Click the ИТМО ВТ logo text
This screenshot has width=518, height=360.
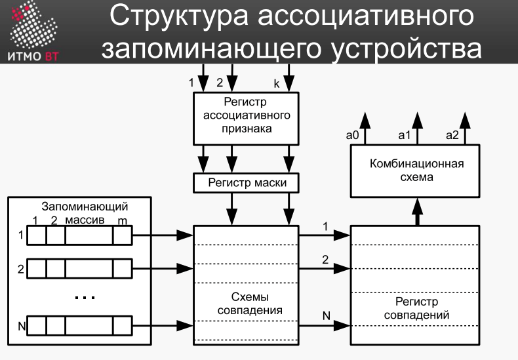coord(33,56)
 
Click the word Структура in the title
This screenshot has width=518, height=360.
coord(179,16)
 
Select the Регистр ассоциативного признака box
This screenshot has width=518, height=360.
coord(246,119)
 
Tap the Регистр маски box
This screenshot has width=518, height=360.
coord(246,183)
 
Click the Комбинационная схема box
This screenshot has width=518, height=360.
coord(415,170)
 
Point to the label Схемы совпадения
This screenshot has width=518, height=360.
coord(250,304)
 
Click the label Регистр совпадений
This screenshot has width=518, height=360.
coord(416,308)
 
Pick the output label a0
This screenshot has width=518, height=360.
coord(352,135)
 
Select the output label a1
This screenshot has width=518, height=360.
coord(405,135)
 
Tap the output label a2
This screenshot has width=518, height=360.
coord(452,135)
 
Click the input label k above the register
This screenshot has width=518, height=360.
coord(277,84)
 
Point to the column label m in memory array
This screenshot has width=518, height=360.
coord(122,220)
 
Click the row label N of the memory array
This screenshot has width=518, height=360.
coord(22,327)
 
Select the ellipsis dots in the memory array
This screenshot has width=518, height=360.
coord(85,298)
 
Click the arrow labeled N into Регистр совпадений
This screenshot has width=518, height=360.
coord(325,326)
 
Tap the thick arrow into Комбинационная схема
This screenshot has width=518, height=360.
coord(418,212)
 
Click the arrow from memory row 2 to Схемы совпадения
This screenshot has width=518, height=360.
coord(163,268)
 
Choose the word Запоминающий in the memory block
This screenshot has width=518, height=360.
coord(85,207)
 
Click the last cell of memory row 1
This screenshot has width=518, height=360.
coord(123,235)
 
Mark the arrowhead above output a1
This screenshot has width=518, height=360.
coord(418,120)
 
